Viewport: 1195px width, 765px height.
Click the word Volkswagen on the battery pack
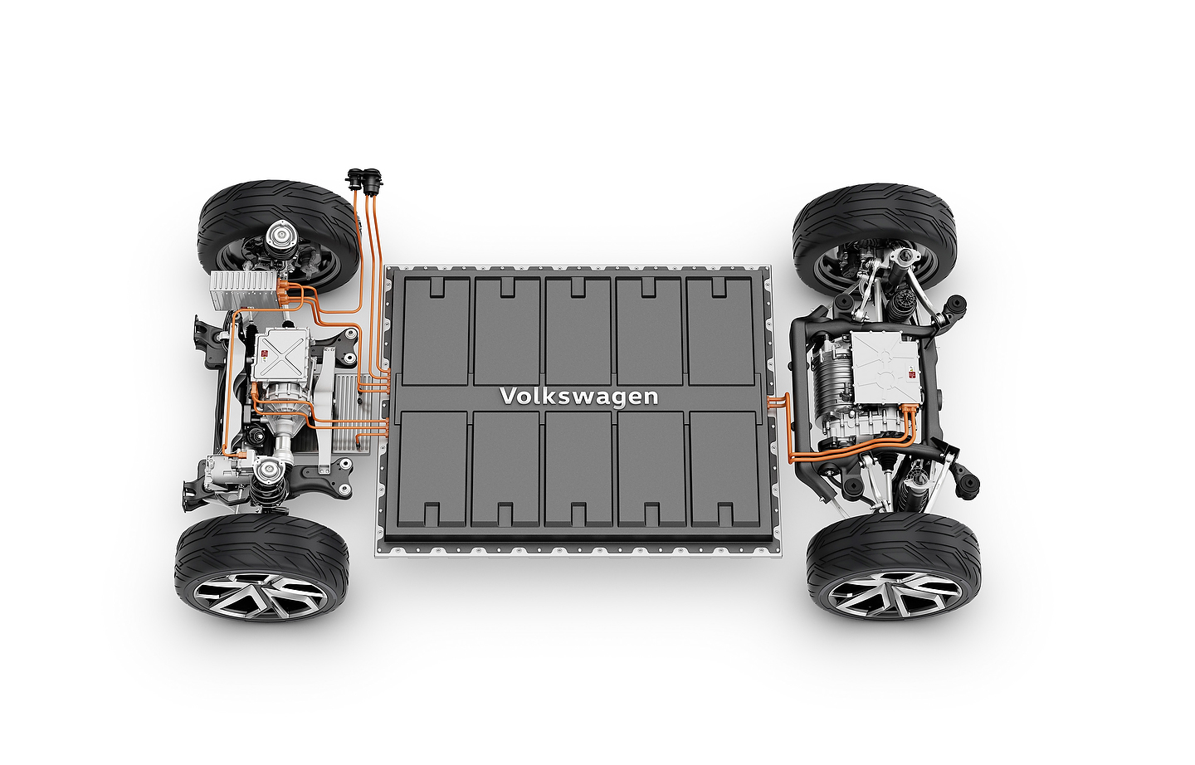(579, 397)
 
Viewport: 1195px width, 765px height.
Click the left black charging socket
(354, 179)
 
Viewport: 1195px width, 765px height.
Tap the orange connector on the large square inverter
(910, 410)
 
